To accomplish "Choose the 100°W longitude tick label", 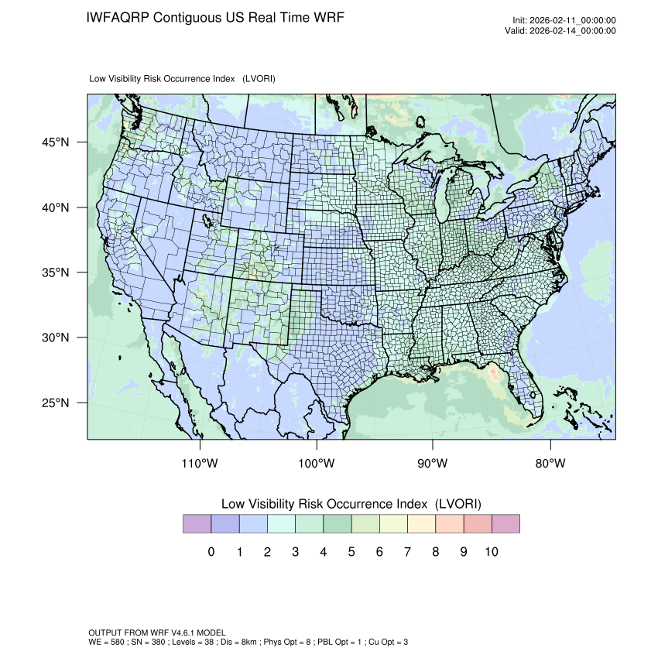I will click(x=317, y=464).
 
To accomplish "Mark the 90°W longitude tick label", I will click(x=433, y=464).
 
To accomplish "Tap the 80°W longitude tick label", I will click(x=550, y=464).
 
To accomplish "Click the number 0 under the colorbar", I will click(x=211, y=552).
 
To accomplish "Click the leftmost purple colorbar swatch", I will click(x=197, y=524).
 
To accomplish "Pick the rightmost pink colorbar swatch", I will click(x=505, y=524).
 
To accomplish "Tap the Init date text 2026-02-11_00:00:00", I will click(x=571, y=21).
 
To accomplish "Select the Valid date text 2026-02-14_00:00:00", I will click(x=571, y=31).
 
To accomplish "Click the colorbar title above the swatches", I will click(x=351, y=504).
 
